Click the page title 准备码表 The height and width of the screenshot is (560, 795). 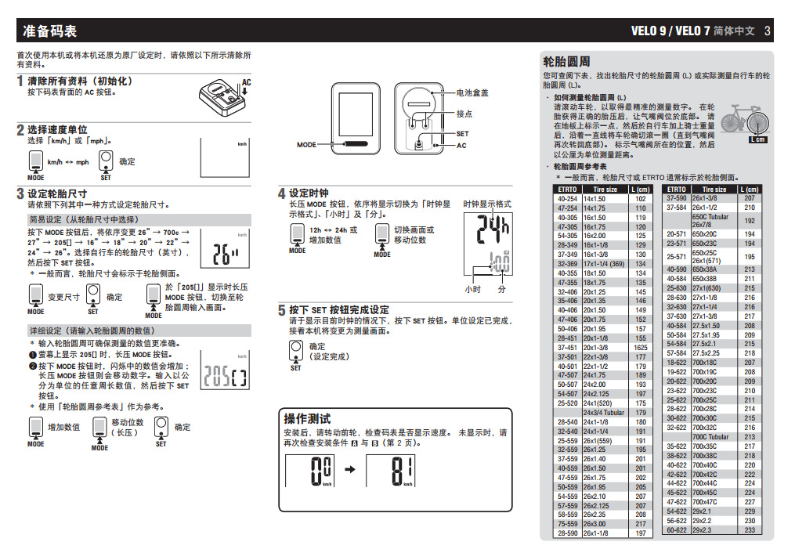(x=50, y=32)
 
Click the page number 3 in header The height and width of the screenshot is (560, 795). (x=768, y=32)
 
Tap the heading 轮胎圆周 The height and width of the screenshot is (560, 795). (x=566, y=62)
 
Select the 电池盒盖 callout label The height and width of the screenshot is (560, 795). (x=472, y=92)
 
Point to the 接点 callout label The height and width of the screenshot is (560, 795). (x=464, y=114)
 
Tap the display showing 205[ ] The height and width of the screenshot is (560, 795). (x=226, y=377)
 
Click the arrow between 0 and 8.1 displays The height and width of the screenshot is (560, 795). (x=350, y=470)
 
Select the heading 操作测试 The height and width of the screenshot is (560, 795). (x=307, y=419)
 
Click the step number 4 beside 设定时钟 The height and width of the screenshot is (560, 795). (x=282, y=193)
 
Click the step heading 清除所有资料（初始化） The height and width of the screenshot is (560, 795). (x=80, y=81)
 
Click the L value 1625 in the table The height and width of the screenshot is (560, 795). (x=641, y=347)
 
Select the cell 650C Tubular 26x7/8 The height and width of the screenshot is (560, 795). (x=710, y=221)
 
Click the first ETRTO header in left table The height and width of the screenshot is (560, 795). (x=567, y=190)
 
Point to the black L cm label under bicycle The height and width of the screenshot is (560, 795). (x=757, y=140)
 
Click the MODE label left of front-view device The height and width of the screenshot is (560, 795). (x=307, y=145)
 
